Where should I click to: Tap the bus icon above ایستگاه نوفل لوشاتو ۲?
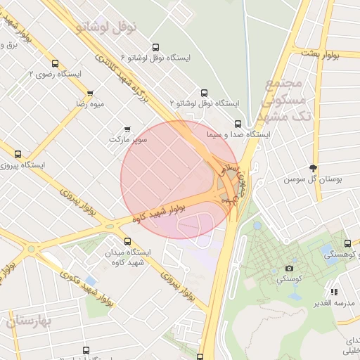pos(205,93)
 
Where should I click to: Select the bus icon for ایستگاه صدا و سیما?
pos(238,122)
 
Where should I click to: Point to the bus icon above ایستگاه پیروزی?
pos(18,154)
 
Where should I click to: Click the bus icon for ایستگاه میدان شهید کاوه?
pos(127,241)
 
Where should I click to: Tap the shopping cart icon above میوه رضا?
pos(90,94)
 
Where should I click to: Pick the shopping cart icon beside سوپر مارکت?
pos(127,129)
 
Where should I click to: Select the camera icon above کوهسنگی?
pos(289,268)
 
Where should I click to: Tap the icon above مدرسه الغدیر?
pos(335,291)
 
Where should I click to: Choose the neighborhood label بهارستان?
pos(30,321)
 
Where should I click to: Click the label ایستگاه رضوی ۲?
pos(55,73)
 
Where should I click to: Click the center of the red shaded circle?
pos(179,179)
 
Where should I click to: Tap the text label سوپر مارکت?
pos(129,139)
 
